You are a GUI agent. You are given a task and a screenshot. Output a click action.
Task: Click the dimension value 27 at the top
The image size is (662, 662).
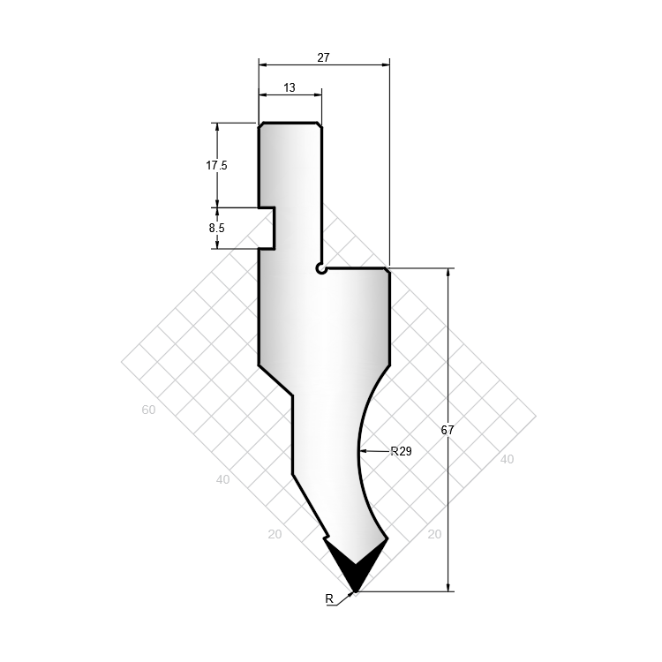coord(323,57)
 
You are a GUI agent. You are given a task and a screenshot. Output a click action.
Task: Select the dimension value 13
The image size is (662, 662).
coord(290,87)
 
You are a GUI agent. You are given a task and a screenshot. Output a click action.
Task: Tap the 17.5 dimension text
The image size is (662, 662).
coord(216,166)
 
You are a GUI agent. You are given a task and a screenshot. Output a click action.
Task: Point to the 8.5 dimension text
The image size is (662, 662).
coord(216,228)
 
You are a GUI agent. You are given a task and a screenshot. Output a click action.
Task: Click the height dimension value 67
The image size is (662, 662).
coord(448,430)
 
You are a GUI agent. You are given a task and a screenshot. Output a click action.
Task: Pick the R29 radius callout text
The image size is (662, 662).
coord(401,451)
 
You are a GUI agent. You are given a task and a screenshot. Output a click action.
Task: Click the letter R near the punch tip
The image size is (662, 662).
coord(329,598)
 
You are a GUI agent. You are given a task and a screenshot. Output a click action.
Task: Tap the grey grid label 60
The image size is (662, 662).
coord(148,410)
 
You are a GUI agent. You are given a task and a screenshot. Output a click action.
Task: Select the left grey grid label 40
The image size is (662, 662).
coord(223,479)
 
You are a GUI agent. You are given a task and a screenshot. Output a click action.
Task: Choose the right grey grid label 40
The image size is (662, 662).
coord(507,459)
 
